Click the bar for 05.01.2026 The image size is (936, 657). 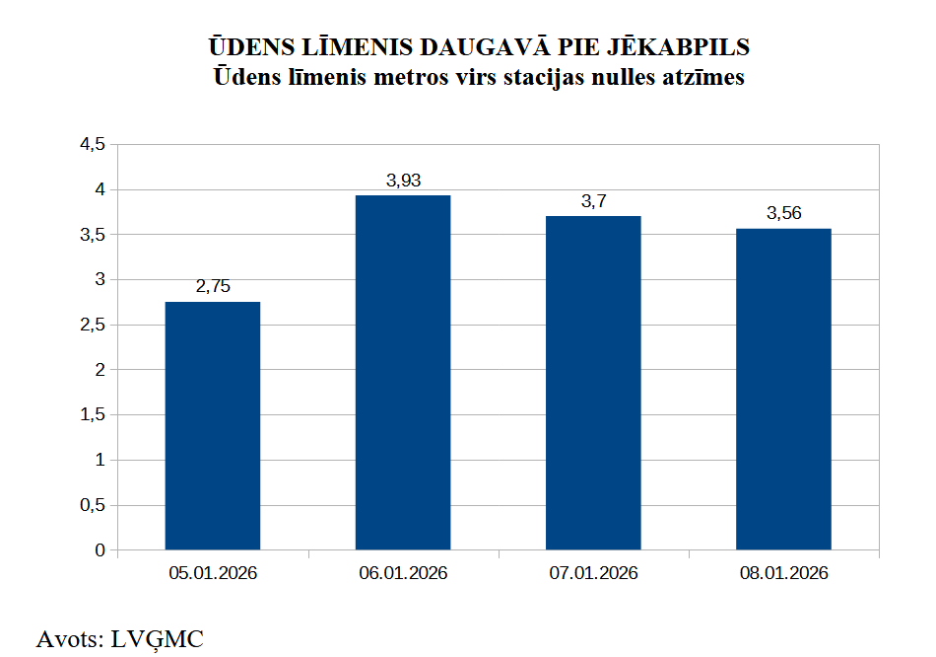coord(213,425)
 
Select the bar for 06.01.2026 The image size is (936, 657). coord(403,372)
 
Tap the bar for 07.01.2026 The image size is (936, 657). coord(593,383)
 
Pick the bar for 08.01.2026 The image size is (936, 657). coord(783,389)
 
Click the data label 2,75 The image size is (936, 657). coord(213,286)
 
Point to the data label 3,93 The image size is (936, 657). coord(403,180)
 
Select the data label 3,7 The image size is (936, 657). coord(593,200)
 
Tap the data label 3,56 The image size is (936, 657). coord(783,213)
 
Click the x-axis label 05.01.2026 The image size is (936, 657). coord(213,573)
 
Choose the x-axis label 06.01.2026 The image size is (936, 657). coord(403,573)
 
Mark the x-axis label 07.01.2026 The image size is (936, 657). coord(593,573)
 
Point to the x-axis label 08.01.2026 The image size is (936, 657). coord(783,573)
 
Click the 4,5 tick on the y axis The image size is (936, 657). coord(92,144)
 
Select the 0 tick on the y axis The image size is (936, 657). coord(100,550)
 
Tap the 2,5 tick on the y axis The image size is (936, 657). coord(92,325)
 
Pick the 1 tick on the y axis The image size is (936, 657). coord(100,460)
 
